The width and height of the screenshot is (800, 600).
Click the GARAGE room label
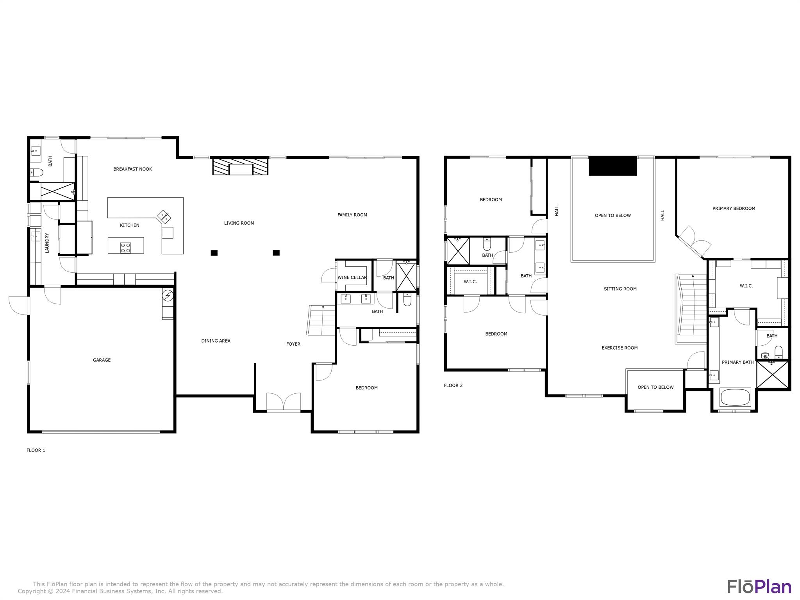pos(102,360)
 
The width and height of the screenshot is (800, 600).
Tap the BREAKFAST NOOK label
pos(132,169)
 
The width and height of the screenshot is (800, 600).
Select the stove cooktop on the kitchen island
pos(125,247)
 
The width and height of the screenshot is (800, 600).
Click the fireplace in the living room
pos(240,166)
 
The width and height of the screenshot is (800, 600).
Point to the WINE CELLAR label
pos(352,277)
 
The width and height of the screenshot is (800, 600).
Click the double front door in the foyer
pos(284,402)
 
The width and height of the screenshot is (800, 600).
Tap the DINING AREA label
pos(216,341)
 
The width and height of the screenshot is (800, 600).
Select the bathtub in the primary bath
pos(735,398)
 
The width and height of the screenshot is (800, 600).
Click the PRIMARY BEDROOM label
pos(734,209)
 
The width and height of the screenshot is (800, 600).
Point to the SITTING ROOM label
pos(620,289)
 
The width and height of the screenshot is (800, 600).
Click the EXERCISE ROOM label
pos(620,348)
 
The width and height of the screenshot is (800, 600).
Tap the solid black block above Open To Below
pos(612,166)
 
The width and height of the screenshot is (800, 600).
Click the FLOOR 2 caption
pos(453,386)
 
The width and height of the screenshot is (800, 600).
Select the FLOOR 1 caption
pos(36,450)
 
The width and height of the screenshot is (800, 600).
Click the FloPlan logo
pos(759,587)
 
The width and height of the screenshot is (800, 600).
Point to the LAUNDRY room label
pos(47,243)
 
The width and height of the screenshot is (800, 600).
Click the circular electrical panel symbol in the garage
pos(168,296)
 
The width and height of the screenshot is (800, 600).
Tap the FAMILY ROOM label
pos(352,215)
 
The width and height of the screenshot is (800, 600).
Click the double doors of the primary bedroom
pos(695,241)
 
